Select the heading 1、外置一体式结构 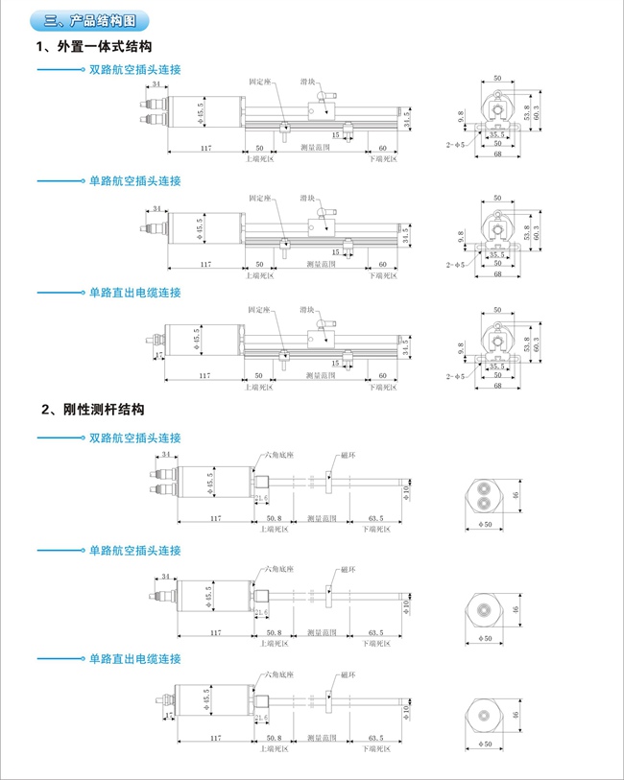[x=93, y=46]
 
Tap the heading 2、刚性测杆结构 [x=93, y=409]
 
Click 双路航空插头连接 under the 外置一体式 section [x=134, y=70]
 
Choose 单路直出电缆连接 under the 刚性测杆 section [x=134, y=659]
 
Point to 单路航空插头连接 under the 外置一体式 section [x=134, y=180]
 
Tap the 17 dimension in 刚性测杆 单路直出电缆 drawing [x=170, y=715]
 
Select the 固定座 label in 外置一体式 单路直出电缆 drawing [x=260, y=310]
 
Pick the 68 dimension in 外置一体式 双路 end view [x=497, y=154]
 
